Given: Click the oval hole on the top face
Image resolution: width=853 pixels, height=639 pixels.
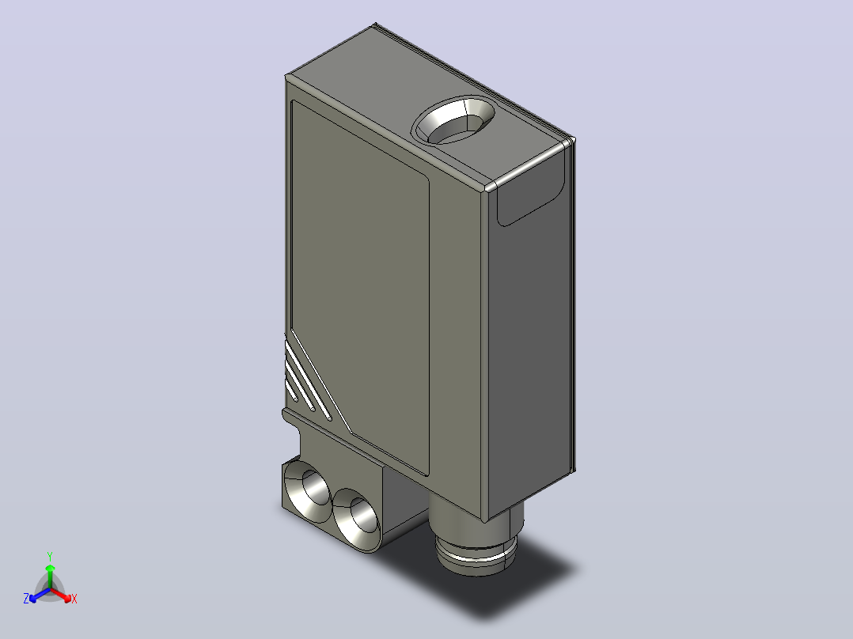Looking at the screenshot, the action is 453,121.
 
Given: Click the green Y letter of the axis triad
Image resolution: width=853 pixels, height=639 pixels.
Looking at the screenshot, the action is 50,556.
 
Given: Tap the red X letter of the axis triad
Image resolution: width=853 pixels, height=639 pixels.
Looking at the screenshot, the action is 74,599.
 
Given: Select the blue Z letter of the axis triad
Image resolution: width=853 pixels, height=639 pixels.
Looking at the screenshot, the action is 25,599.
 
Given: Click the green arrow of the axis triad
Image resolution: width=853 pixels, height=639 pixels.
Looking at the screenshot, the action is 50,576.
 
